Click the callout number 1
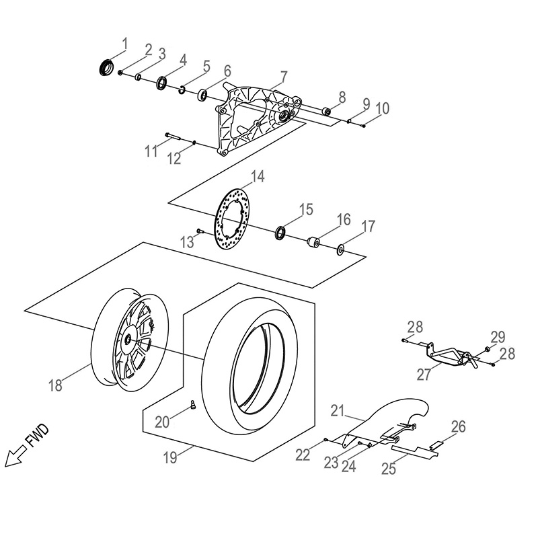124,44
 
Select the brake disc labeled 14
231,219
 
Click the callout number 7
284,75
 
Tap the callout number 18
56,386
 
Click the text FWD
37,437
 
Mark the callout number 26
458,426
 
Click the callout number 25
389,469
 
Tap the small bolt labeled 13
199,231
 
